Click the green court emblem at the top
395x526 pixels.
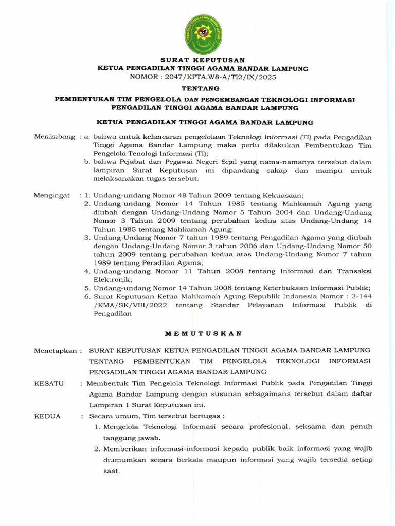pyautogui.click(x=203, y=35)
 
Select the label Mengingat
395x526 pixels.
pyautogui.click(x=52, y=195)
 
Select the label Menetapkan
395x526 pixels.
pyautogui.click(x=57, y=351)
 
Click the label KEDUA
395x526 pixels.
pyautogui.click(x=47, y=416)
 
